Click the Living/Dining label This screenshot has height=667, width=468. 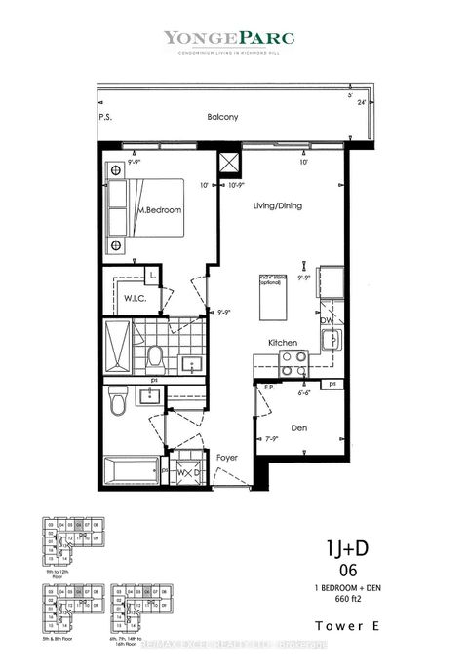277,205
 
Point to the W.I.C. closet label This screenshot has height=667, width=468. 135,297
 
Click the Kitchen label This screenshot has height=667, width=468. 284,343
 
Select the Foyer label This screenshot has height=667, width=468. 226,456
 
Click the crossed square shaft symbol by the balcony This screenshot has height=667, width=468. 231,162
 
